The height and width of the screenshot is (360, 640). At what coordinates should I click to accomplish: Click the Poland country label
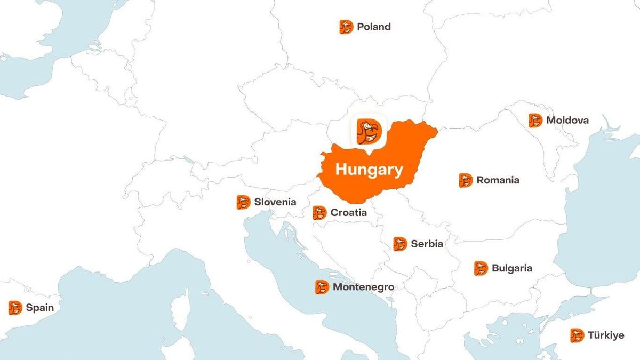pyautogui.click(x=373, y=27)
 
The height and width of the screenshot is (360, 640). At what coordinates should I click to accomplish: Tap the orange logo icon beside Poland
pyautogui.click(x=346, y=27)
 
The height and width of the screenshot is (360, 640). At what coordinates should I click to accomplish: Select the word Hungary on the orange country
pyautogui.click(x=369, y=170)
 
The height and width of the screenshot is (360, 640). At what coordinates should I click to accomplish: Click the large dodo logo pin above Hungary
pyautogui.click(x=367, y=132)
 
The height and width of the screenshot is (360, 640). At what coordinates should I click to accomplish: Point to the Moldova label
pyautogui.click(x=567, y=121)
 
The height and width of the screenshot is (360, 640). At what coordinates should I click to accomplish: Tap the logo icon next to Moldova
pyautogui.click(x=535, y=121)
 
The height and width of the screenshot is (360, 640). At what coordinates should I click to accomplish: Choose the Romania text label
pyautogui.click(x=498, y=180)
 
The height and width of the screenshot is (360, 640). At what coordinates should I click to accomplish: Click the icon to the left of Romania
pyautogui.click(x=466, y=180)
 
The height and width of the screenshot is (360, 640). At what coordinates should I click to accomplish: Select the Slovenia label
pyautogui.click(x=275, y=202)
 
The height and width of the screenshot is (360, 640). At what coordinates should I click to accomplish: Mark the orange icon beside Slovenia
pyautogui.click(x=243, y=202)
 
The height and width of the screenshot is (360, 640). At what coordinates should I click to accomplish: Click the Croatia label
pyautogui.click(x=348, y=213)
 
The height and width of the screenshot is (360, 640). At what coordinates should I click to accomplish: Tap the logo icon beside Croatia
pyautogui.click(x=319, y=213)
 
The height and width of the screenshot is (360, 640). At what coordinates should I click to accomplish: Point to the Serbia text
pyautogui.click(x=427, y=244)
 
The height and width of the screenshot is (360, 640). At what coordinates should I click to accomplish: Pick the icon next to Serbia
pyautogui.click(x=400, y=244)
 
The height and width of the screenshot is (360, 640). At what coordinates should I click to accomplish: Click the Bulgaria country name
pyautogui.click(x=511, y=268)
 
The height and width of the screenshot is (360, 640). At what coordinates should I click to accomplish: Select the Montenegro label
pyautogui.click(x=363, y=287)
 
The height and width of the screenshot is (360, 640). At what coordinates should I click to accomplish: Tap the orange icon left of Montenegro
pyautogui.click(x=322, y=287)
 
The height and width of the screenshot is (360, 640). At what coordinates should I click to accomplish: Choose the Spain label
pyautogui.click(x=39, y=308)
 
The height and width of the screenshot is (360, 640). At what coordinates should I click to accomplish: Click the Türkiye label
pyautogui.click(x=605, y=335)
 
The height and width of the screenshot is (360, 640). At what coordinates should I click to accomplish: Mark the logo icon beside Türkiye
pyautogui.click(x=577, y=335)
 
